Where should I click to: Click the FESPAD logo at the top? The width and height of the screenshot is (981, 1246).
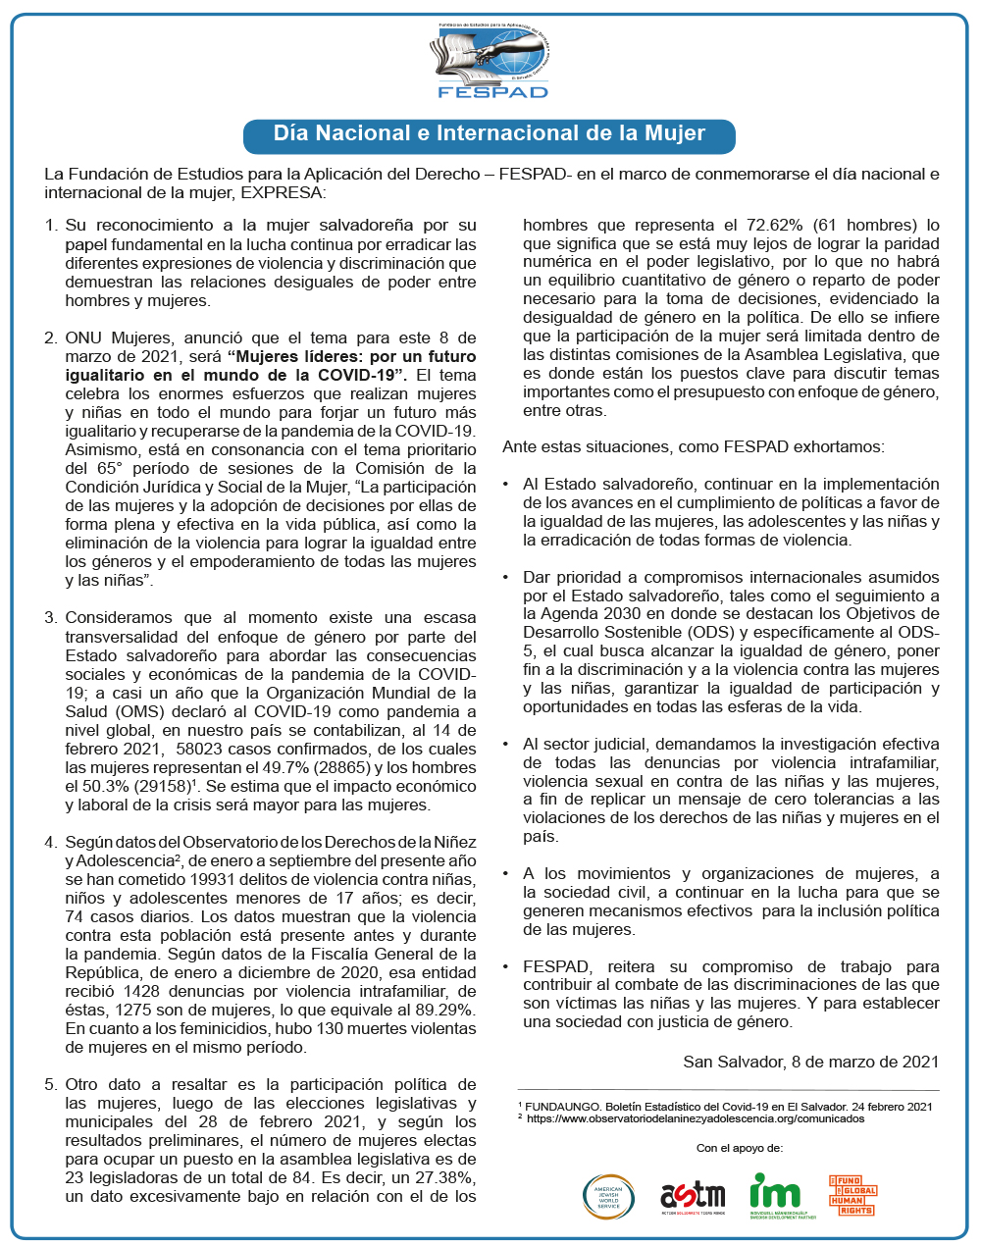pyautogui.click(x=490, y=61)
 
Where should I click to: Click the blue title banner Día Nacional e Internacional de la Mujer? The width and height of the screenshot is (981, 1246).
pyautogui.click(x=489, y=134)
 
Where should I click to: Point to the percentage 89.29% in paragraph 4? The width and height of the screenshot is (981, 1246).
pyautogui.click(x=447, y=1010)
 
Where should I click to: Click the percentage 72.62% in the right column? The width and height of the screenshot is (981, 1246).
pyautogui.click(x=773, y=225)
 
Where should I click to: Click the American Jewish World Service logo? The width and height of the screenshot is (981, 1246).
pyautogui.click(x=609, y=1195)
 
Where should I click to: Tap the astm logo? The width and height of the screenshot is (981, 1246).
pyautogui.click(x=693, y=1196)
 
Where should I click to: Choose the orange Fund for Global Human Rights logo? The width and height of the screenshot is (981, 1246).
pyautogui.click(x=852, y=1195)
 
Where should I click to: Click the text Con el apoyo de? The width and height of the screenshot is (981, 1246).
pyautogui.click(x=740, y=1148)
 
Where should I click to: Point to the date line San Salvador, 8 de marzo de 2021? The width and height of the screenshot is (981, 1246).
pyautogui.click(x=810, y=1062)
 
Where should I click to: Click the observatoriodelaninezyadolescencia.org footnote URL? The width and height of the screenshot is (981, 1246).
pyautogui.click(x=696, y=1118)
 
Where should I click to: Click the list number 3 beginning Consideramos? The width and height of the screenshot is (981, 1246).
pyautogui.click(x=51, y=618)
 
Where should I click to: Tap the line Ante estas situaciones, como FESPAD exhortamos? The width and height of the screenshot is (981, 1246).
pyautogui.click(x=694, y=447)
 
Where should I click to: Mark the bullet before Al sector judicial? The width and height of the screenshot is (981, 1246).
pyautogui.click(x=506, y=745)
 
